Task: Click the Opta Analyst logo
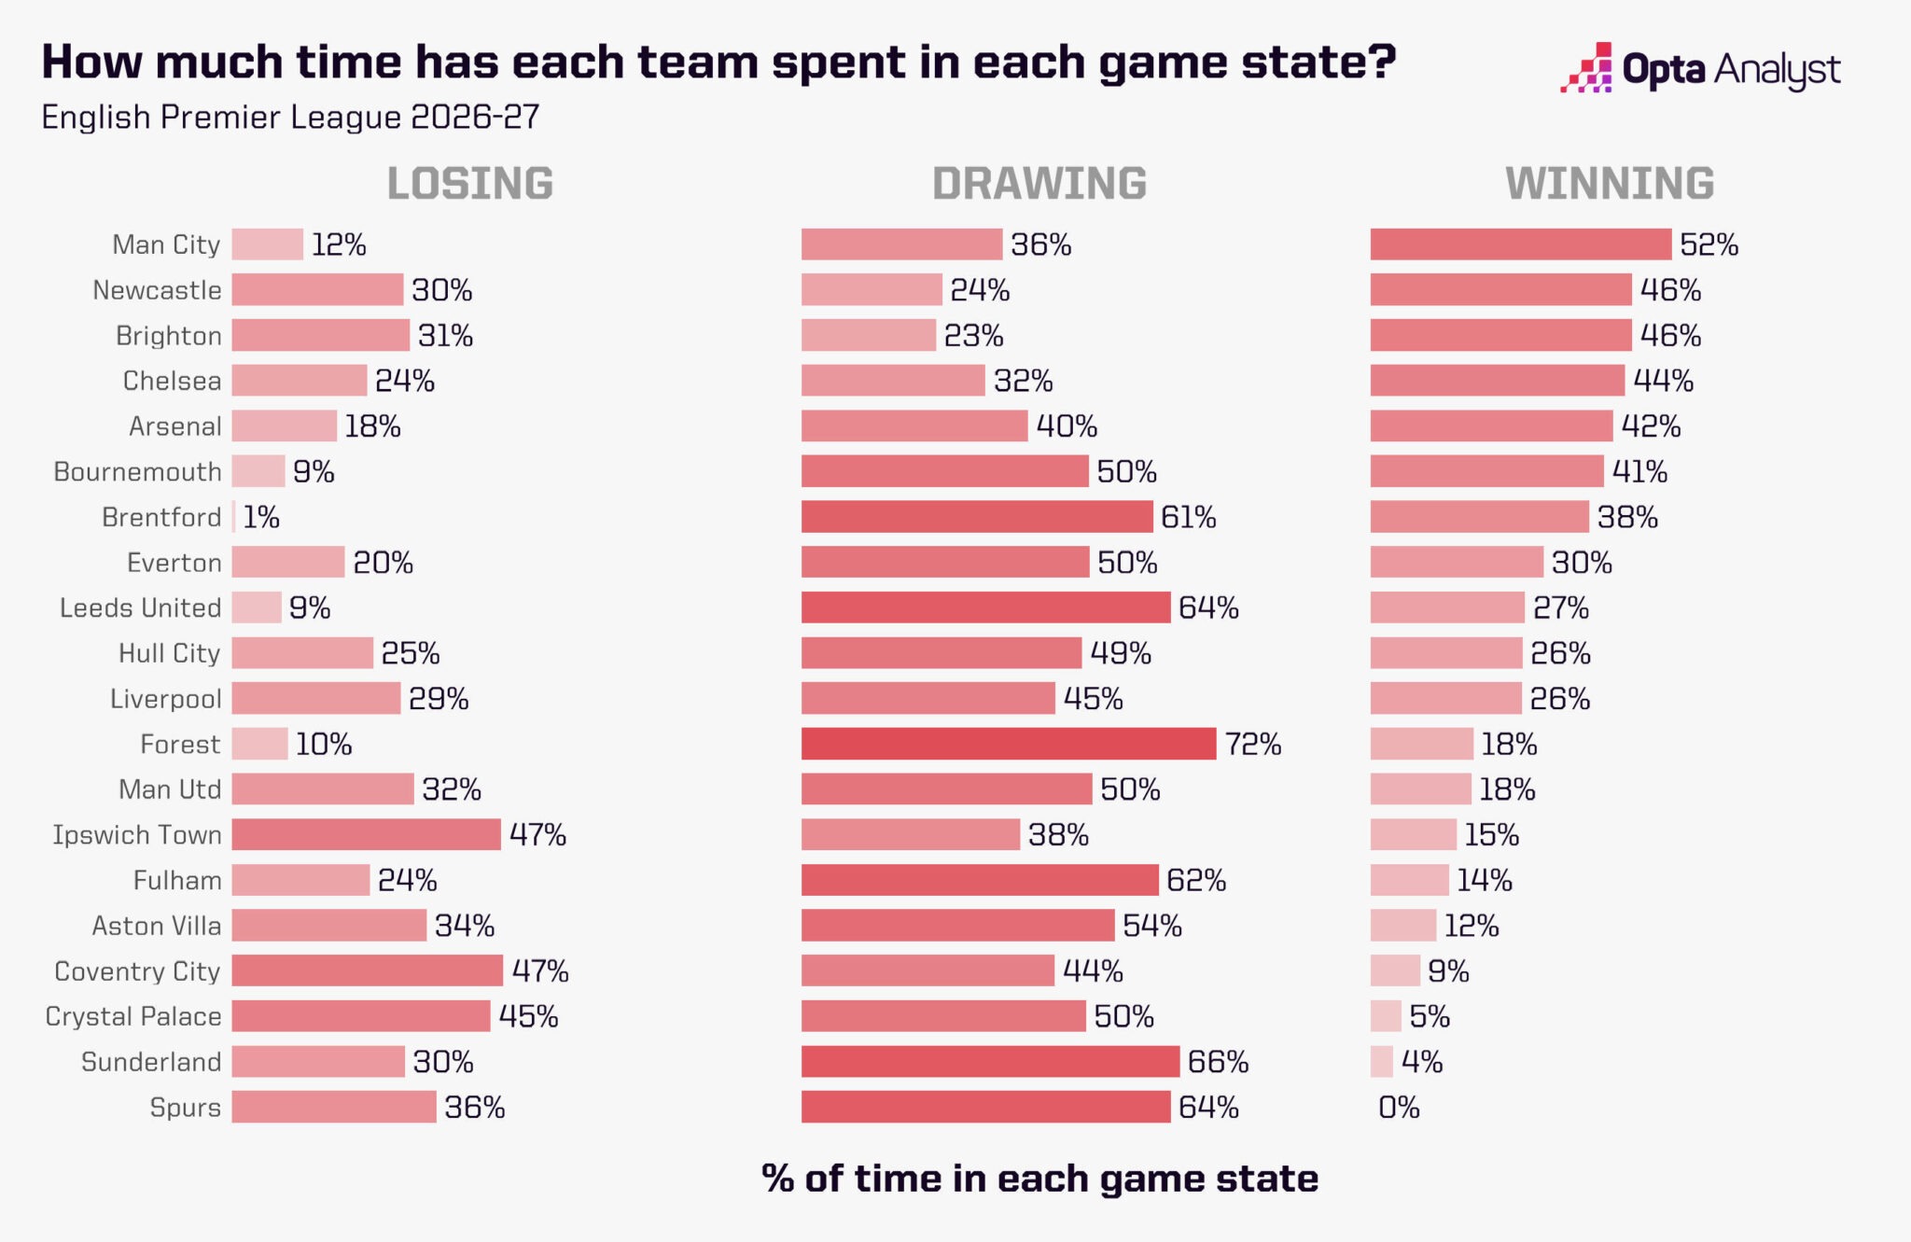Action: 1700,68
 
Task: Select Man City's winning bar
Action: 1521,244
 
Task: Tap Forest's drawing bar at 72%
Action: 1009,744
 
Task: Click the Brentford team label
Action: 161,517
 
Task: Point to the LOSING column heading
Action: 470,183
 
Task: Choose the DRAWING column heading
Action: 1039,183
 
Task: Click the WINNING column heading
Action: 1610,183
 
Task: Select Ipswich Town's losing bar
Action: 367,834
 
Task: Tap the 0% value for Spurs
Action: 1399,1108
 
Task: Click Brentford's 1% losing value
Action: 261,517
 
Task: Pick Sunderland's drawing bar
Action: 991,1062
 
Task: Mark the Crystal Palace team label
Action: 133,1017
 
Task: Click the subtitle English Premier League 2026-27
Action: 291,117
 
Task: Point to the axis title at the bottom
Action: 1040,1179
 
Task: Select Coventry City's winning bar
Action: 1395,970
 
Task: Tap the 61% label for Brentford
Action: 1189,517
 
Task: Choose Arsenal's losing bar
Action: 285,426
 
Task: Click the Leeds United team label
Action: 141,607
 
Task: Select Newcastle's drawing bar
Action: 872,290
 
